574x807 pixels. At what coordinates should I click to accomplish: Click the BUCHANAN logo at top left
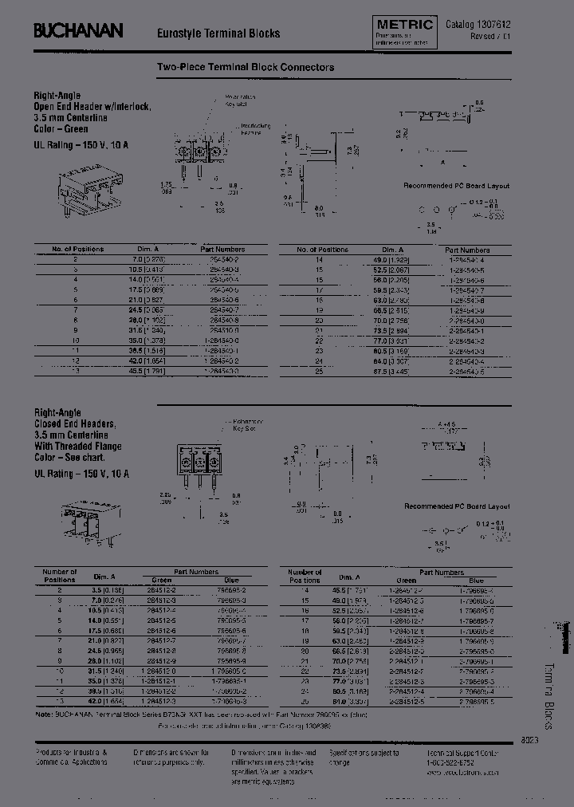(x=78, y=31)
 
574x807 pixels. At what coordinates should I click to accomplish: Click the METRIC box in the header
(x=404, y=26)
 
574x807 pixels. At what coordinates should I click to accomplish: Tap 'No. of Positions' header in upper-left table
(x=78, y=250)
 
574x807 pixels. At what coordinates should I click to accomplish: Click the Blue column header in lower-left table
(x=230, y=581)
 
